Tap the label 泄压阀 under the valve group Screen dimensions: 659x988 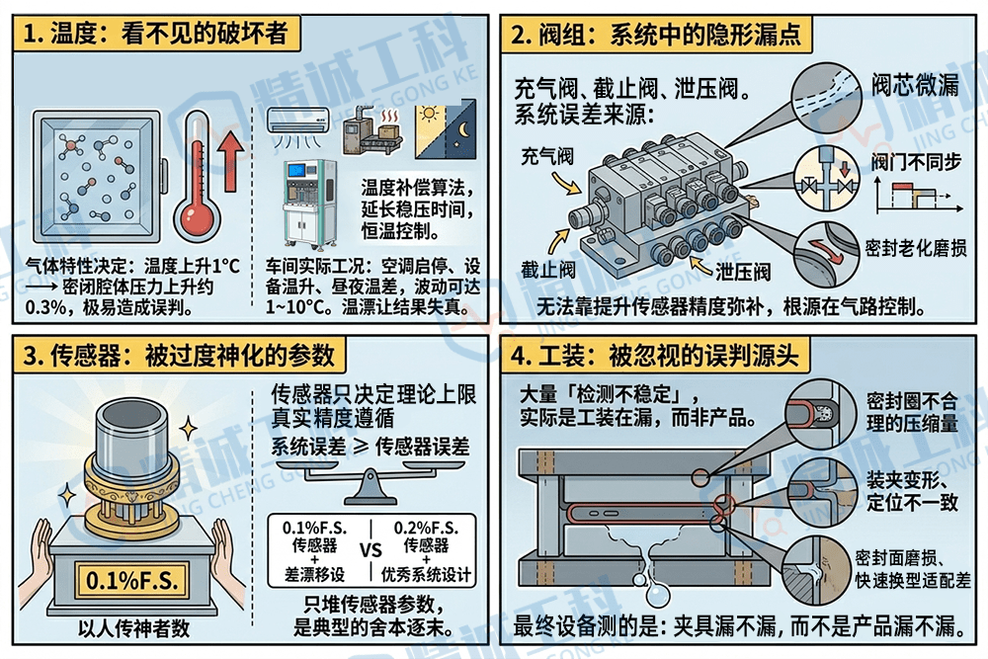click(743, 271)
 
